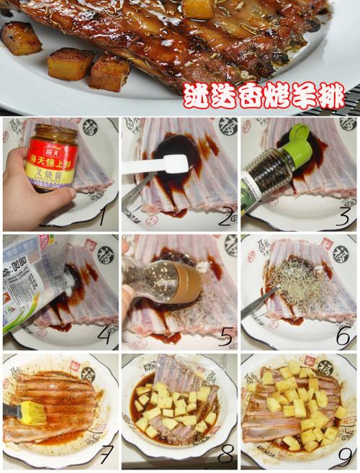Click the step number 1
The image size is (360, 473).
click(102, 213)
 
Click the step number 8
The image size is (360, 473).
click(224, 454)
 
